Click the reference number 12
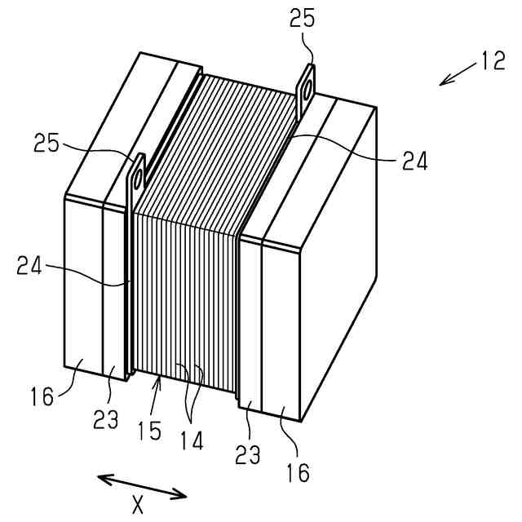click(492, 60)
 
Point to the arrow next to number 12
click(455, 74)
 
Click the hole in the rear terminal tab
click(307, 91)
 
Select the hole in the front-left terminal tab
click(137, 174)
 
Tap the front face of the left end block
click(83, 285)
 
